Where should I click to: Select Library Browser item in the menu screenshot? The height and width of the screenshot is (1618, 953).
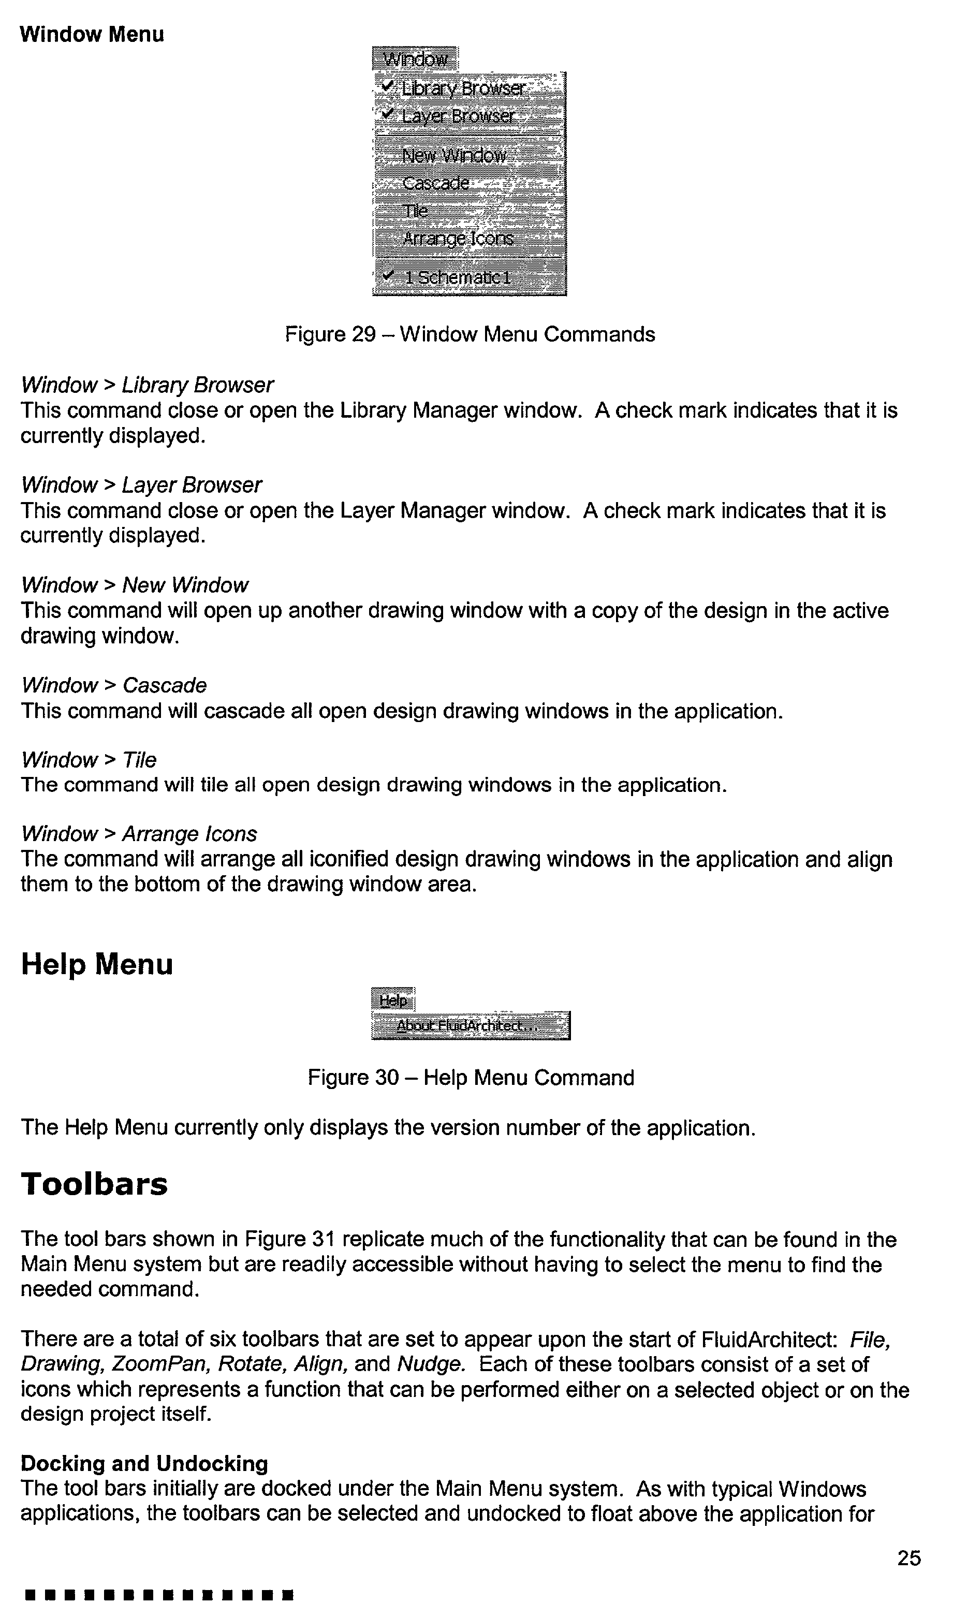462,88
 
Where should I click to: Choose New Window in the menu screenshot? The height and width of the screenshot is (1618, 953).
454,155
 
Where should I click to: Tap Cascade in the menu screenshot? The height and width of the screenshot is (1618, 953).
435,183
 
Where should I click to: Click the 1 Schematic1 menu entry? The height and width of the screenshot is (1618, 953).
457,277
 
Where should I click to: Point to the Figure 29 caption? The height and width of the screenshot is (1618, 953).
470,334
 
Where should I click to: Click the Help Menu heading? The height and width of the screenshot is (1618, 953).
97,964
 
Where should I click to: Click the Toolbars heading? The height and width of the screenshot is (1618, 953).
94,1184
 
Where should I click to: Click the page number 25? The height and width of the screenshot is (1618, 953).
908,1558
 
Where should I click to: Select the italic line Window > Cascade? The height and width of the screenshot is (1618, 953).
114,686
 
